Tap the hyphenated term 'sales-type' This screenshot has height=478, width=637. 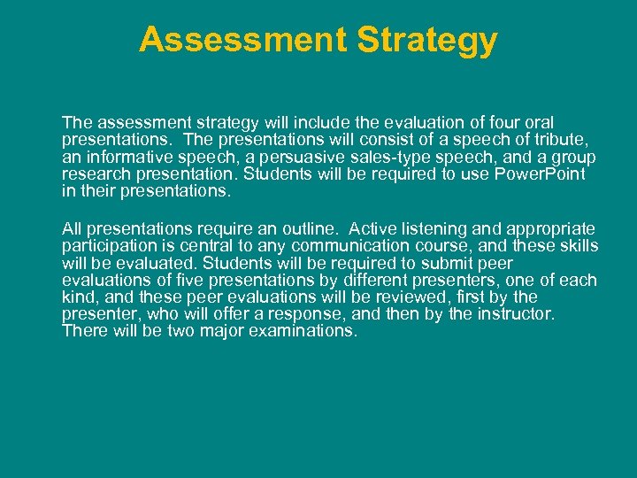click(384, 157)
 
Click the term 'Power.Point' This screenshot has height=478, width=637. click(541, 173)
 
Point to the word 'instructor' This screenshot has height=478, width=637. click(513, 314)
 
